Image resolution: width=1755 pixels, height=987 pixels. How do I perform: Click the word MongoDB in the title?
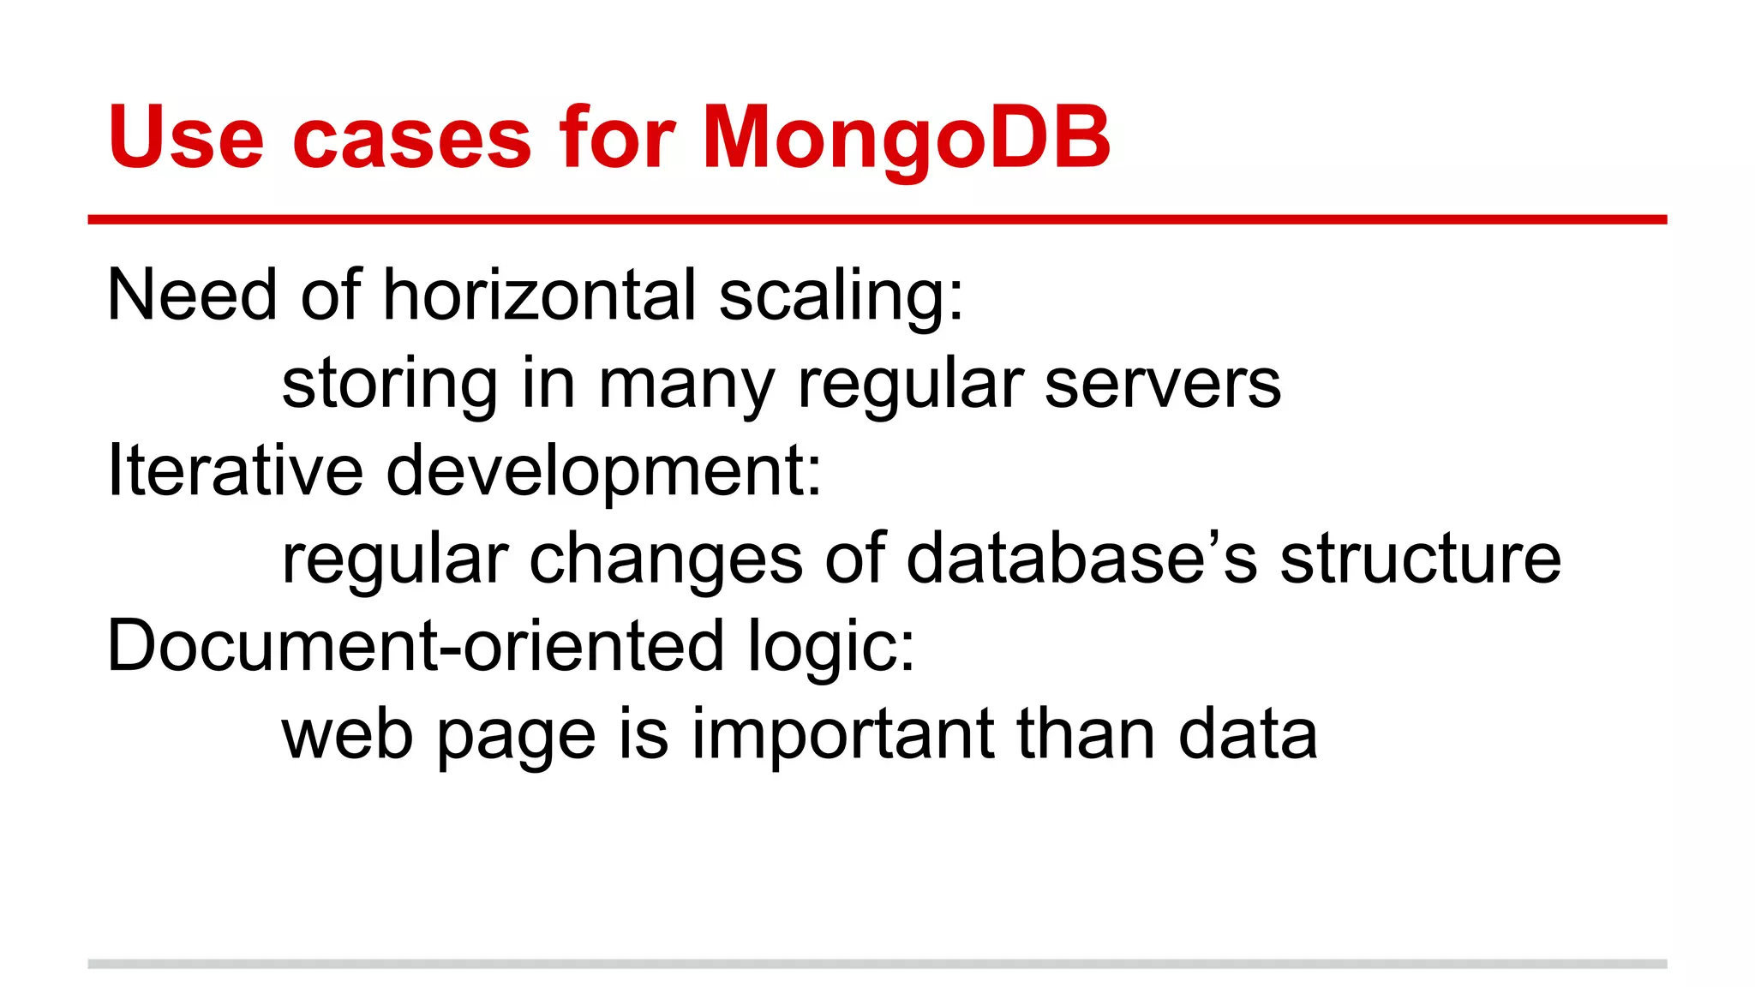(x=906, y=137)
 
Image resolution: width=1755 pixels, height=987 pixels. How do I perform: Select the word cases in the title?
(x=412, y=137)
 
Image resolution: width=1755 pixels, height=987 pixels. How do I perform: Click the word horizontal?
(x=539, y=296)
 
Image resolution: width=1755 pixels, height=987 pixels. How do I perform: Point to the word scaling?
(x=841, y=296)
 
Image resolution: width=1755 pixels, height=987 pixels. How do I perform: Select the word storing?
(x=389, y=384)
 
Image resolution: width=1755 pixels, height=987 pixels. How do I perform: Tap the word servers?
(x=1162, y=384)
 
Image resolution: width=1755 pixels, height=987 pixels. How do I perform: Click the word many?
(x=686, y=384)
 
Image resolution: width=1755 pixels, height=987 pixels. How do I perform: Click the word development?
(x=603, y=471)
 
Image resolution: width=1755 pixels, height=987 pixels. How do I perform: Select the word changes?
(x=666, y=559)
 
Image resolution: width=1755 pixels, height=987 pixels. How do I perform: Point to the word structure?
(x=1420, y=559)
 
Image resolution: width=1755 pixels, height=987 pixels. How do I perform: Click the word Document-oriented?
(x=415, y=647)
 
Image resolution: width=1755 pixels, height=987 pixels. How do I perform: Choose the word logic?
(x=830, y=647)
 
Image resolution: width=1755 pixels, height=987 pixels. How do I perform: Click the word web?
(x=347, y=735)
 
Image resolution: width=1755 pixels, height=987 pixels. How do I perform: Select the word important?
(x=843, y=735)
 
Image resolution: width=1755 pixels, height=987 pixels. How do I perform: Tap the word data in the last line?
(x=1247, y=735)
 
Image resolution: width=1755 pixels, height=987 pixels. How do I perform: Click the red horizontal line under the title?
(x=877, y=220)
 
